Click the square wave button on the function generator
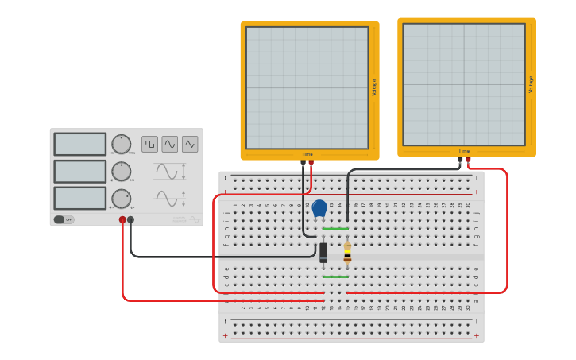coord(149,144)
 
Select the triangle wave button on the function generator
coord(190,144)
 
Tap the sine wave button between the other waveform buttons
coord(170,144)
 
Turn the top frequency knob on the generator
coord(121,145)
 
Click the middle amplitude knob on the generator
coord(121,172)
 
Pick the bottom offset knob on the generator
coord(121,199)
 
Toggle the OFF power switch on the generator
coord(64,219)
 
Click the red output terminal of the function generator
coord(122,220)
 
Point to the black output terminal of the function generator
coord(131,220)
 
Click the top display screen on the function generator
coord(79,144)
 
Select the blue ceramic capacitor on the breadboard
coord(319,208)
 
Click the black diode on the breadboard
coord(323,253)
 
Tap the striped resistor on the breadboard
coord(347,253)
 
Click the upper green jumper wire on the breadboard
coord(335,229)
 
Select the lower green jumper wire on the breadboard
coord(335,277)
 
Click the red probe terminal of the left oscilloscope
coord(311,163)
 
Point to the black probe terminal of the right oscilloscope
coord(460,160)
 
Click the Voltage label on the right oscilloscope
coord(531,84)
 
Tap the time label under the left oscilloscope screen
coord(307,154)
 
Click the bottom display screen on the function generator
coord(79,198)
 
